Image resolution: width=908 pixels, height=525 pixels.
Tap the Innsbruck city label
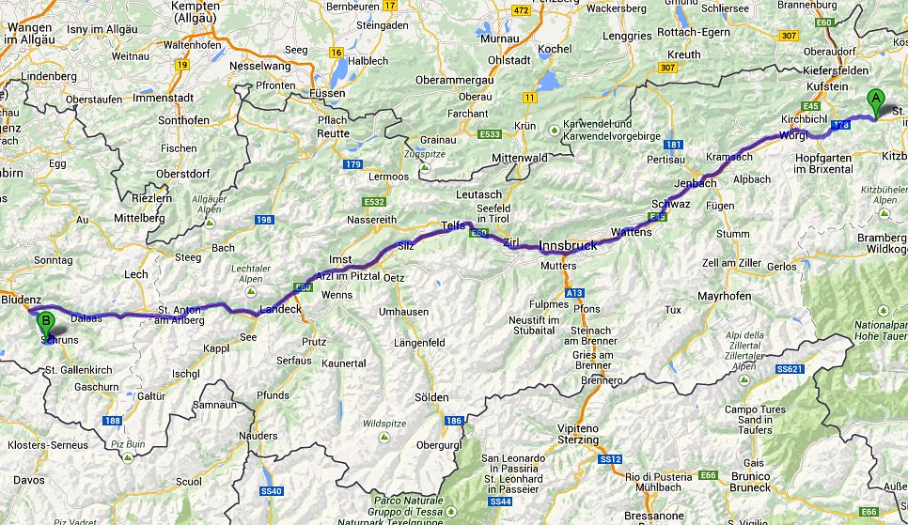(x=568, y=245)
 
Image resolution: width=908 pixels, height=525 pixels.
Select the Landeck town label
(x=280, y=309)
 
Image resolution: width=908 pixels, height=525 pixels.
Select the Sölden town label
(x=431, y=397)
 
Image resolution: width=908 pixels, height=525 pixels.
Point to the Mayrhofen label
(x=698, y=296)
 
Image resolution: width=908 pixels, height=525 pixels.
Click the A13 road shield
(x=574, y=293)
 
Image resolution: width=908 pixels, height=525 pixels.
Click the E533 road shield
(x=488, y=134)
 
